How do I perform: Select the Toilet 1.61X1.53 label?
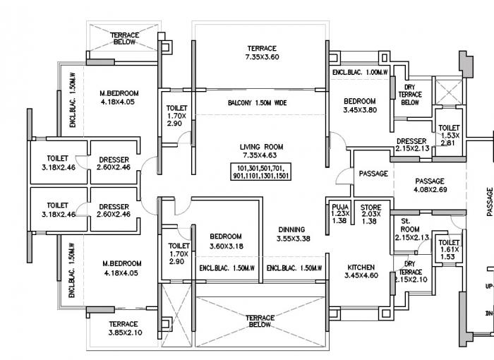pos(449,246)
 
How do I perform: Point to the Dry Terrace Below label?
pos(410,94)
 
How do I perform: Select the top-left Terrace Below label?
pos(125,38)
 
